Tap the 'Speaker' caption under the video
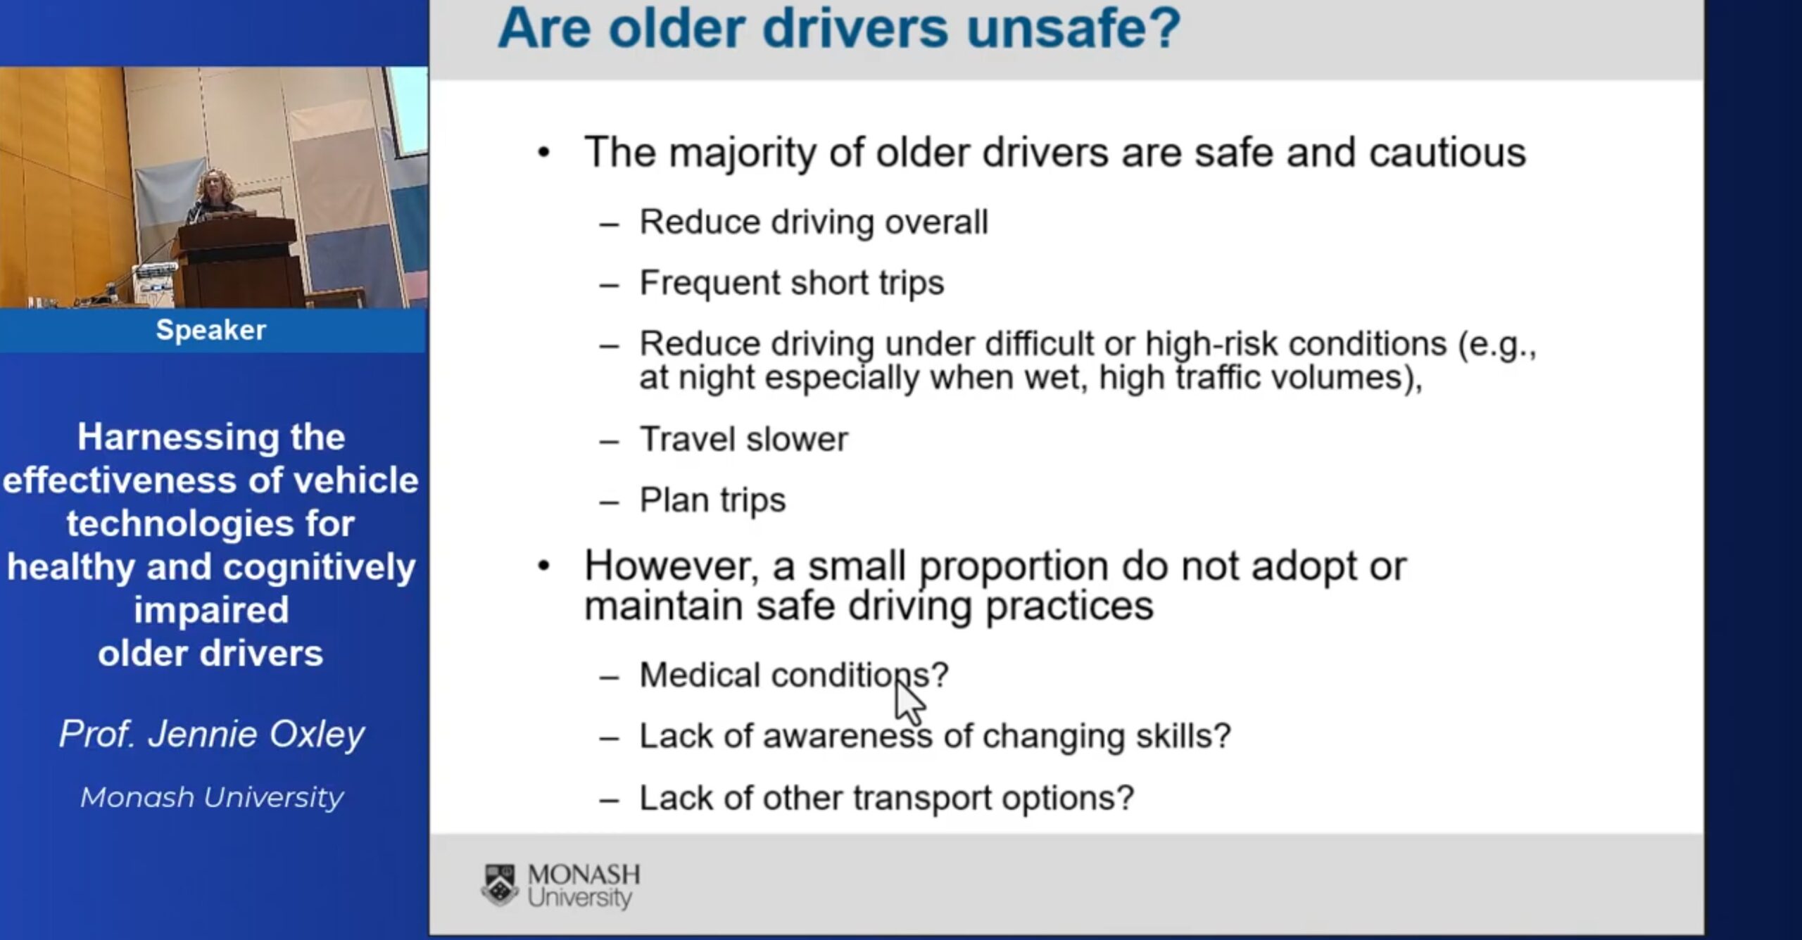pos(211,330)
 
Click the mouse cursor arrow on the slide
pos(909,701)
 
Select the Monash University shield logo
pos(500,885)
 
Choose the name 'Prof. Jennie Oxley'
pos(212,735)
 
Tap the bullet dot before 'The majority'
pos(543,153)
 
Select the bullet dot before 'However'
pos(543,566)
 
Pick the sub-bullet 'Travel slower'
pos(744,440)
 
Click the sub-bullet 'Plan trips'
pos(712,501)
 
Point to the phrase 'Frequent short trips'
pos(792,284)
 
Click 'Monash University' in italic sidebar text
pos(212,797)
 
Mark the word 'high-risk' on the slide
pos(1211,344)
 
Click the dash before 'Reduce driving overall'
pos(610,225)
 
